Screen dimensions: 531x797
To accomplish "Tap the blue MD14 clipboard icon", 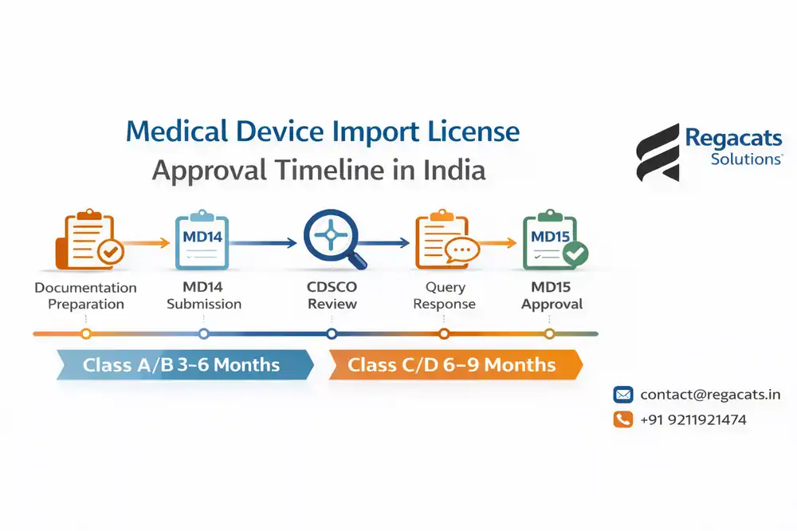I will [x=202, y=240].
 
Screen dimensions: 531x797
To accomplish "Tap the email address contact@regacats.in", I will [x=709, y=395].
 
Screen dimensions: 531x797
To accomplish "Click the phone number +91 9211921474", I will [x=693, y=419].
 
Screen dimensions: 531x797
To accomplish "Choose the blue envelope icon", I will [x=622, y=395].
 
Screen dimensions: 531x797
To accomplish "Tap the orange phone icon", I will [x=622, y=419].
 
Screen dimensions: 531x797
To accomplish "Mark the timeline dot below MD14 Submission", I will [x=203, y=333].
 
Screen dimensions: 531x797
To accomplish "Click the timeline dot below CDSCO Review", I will [x=332, y=333].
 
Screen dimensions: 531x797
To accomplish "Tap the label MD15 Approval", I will [x=551, y=296].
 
